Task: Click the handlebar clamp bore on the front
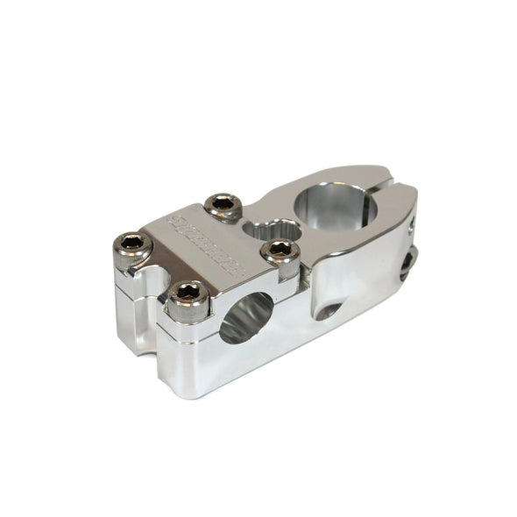point(247,317)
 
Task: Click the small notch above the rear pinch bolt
point(411,229)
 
